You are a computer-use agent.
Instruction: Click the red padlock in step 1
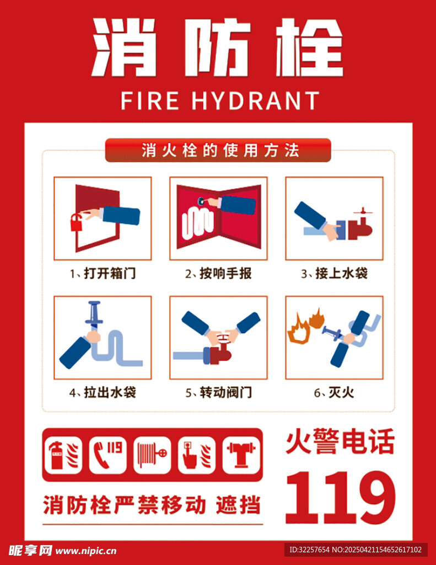click(76, 223)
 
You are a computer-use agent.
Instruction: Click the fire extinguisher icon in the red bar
click(63, 455)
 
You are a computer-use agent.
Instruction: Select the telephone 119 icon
click(107, 455)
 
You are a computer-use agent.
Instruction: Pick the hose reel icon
click(152, 455)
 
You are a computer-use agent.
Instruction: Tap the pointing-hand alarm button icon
click(197, 455)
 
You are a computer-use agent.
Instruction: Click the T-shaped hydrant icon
click(241, 455)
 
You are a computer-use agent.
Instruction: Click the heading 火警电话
click(340, 441)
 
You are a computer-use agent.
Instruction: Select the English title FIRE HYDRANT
click(219, 100)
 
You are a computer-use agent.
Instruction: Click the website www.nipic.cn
click(86, 551)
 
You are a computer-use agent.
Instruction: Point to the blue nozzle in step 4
click(94, 313)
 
